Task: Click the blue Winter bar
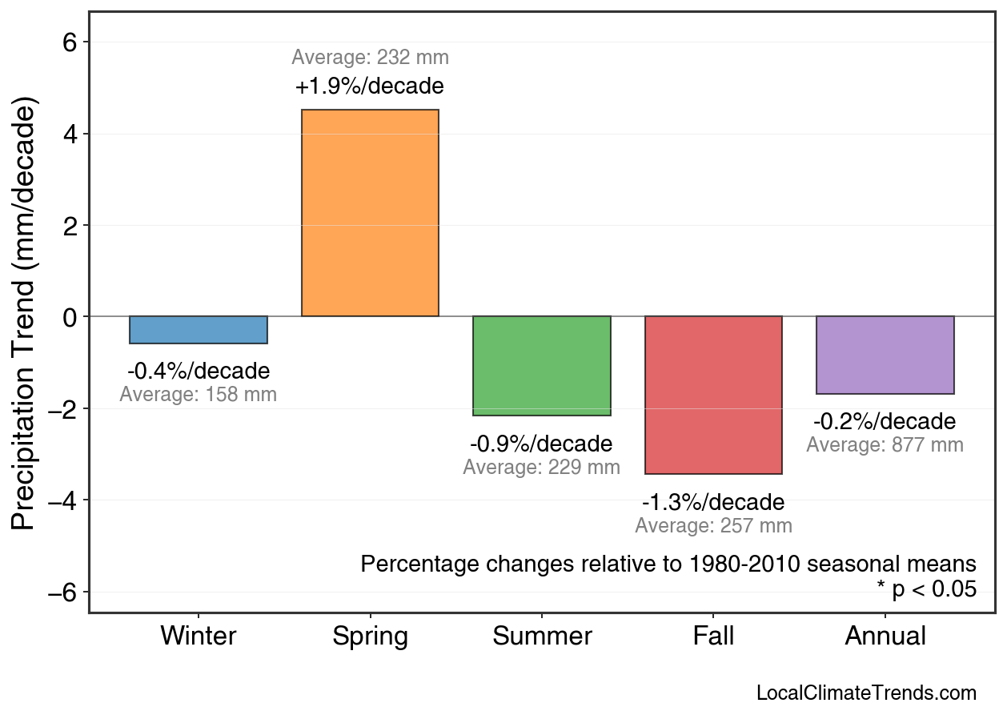199,330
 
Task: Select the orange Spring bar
370,213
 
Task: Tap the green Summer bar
542,366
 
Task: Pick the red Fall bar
713,395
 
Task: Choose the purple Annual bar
885,355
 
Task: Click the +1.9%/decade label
370,86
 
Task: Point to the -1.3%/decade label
713,503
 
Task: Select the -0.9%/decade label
542,444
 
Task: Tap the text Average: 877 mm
885,445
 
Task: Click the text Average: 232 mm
370,58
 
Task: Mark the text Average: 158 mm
199,395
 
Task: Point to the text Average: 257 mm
713,526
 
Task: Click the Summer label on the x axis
542,637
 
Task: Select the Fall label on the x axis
713,637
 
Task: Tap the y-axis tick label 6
70,42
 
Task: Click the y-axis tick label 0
70,317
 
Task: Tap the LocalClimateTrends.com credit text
866,693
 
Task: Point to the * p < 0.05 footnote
926,589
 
